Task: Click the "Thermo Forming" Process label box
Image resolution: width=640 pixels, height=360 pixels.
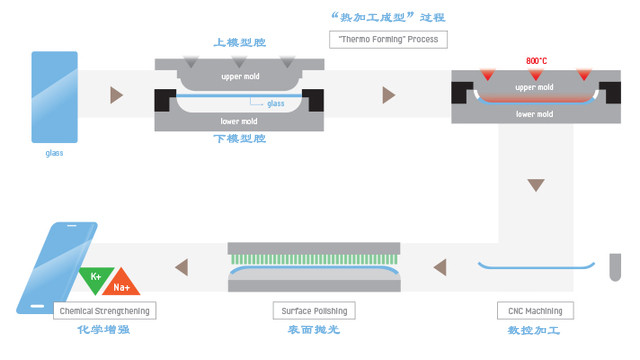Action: (388, 40)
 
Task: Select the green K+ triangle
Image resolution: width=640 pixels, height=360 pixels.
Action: (96, 278)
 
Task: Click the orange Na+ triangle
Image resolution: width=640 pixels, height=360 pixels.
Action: (122, 283)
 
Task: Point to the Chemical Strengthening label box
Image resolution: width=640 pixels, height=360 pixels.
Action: (104, 310)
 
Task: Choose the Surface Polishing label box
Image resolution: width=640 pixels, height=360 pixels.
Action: (314, 310)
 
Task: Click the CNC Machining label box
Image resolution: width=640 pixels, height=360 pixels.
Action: (536, 310)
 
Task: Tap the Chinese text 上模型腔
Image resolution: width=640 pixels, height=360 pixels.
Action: (240, 43)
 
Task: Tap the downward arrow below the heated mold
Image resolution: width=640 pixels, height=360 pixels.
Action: (537, 186)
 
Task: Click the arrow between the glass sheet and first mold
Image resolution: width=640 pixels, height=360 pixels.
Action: (117, 95)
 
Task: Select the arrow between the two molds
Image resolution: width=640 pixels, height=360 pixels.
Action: (388, 95)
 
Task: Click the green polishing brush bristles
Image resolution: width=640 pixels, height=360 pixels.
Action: (314, 258)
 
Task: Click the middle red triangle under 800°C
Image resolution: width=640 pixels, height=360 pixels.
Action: (537, 75)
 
